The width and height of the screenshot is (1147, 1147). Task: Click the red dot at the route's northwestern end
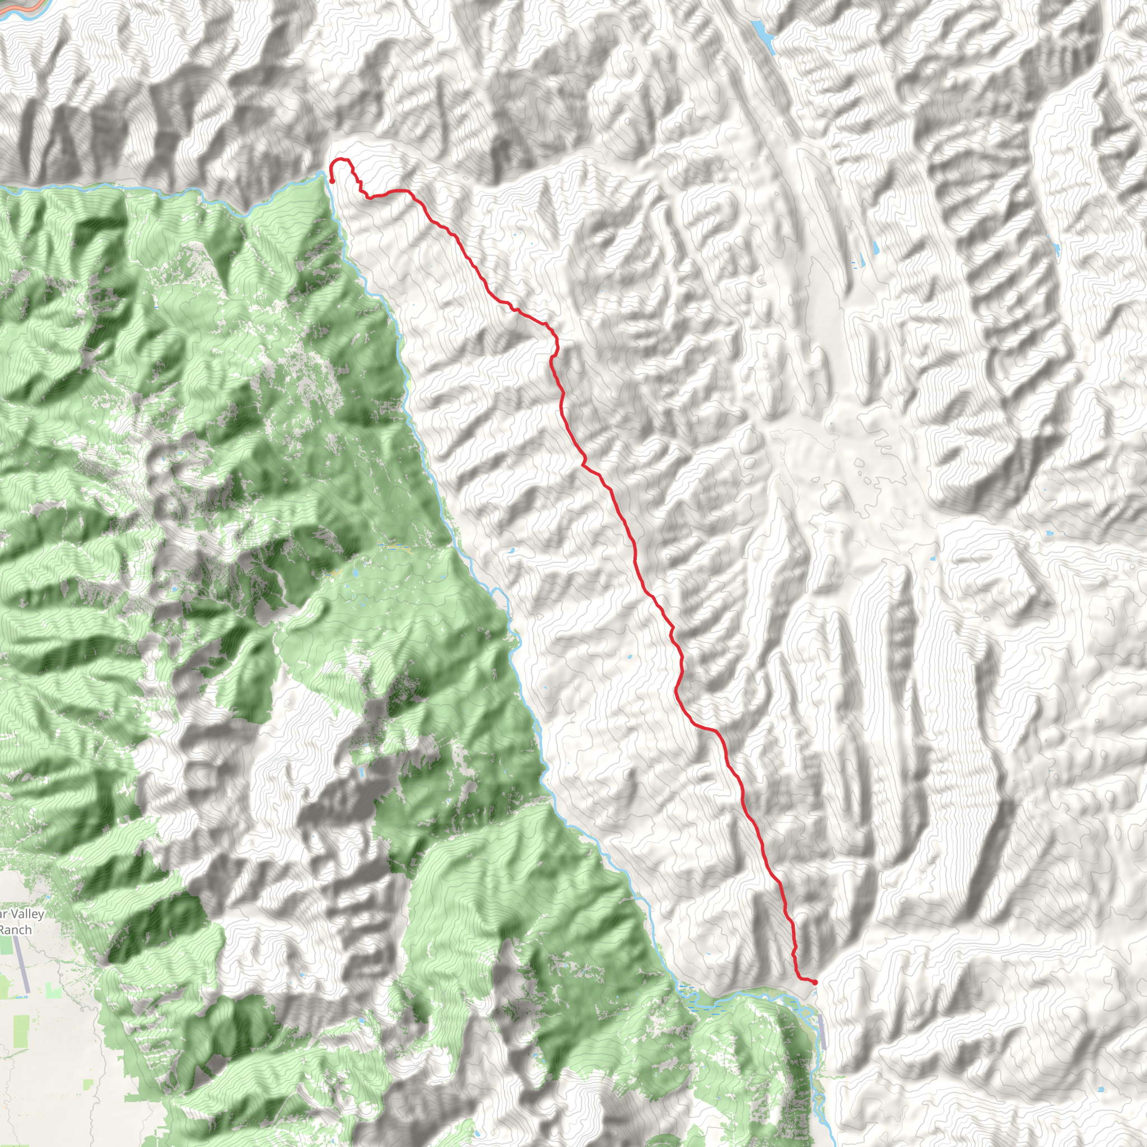point(332,181)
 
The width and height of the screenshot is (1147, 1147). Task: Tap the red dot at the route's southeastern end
point(815,982)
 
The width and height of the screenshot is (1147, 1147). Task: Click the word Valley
point(26,913)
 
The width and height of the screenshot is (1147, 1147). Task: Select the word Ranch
point(16,930)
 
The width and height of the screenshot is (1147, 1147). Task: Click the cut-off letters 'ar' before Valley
point(3,913)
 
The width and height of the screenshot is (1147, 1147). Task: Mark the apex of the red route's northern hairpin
point(340,160)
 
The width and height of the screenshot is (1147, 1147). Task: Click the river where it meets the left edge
point(2,189)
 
